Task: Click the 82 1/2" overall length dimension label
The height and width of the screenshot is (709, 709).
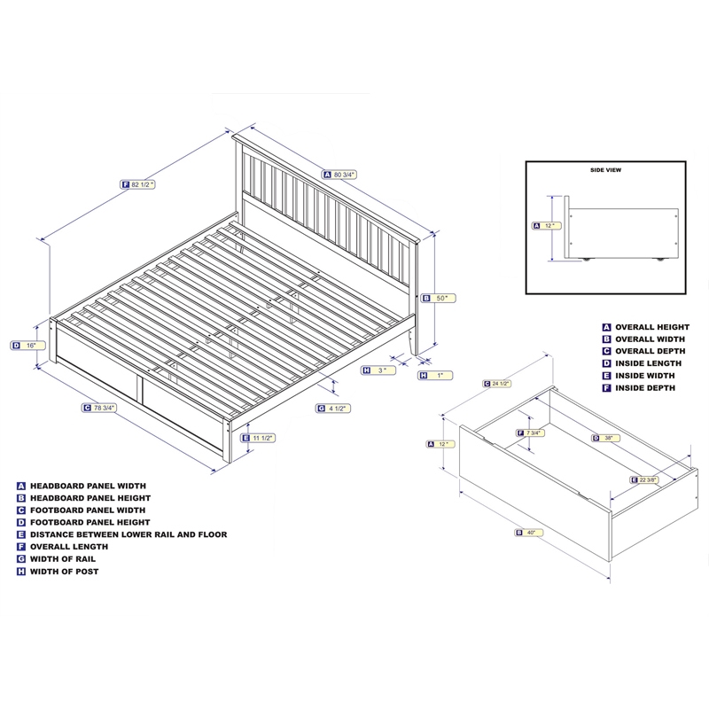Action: (139, 184)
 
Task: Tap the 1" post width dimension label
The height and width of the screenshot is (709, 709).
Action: (433, 376)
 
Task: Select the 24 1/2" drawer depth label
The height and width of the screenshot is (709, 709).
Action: (498, 384)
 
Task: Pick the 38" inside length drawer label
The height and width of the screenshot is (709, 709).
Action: (604, 437)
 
